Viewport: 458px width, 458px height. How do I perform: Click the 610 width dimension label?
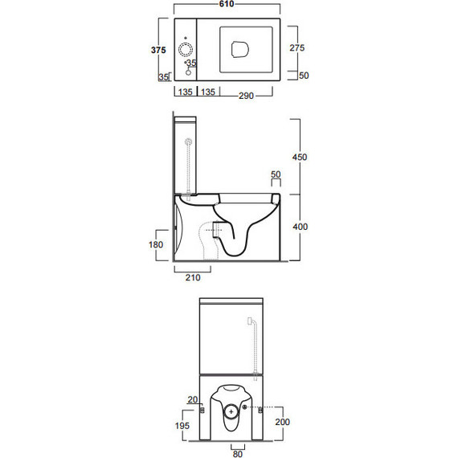227,4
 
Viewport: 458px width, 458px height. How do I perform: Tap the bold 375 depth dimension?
158,50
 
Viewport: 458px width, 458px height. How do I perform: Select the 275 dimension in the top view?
296,47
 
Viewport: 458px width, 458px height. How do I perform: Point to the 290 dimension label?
246,96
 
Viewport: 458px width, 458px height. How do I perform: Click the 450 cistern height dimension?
300,157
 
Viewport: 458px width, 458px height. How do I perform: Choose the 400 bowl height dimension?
301,227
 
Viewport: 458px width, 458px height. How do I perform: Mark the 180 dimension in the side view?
156,244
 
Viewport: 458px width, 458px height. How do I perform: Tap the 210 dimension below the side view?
193,277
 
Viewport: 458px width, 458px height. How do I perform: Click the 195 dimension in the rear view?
182,426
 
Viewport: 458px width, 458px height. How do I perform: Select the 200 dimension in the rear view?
283,422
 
